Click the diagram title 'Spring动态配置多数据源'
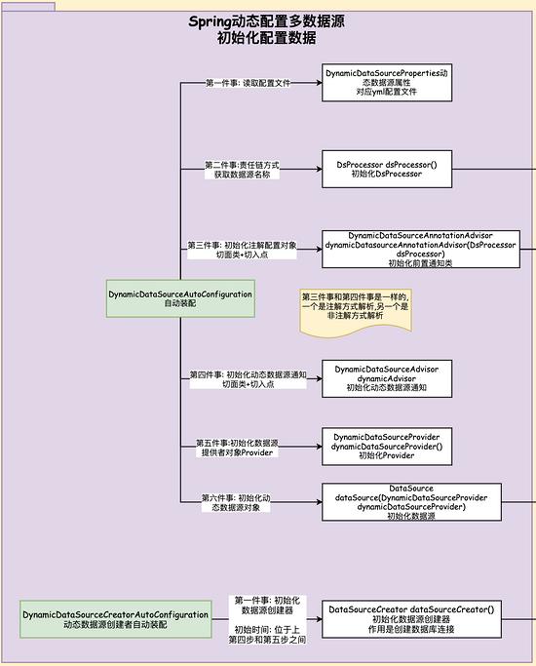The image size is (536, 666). tap(266, 21)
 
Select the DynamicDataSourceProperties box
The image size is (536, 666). tap(387, 83)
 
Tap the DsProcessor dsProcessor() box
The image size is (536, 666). tap(387, 169)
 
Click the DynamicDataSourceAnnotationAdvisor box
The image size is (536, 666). tap(421, 250)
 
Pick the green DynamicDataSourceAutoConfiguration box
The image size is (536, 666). tap(180, 298)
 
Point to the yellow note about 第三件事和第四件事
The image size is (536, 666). tap(356, 312)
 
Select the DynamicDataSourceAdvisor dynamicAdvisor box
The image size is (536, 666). tap(387, 378)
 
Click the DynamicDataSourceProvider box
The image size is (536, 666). tap(387, 447)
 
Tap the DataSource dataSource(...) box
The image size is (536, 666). tap(411, 502)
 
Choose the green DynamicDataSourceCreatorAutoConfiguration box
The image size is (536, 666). tap(116, 619)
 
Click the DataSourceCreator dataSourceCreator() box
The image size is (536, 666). tap(411, 619)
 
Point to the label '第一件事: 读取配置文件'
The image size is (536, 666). tap(248, 83)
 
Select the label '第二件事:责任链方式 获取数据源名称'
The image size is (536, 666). tap(242, 170)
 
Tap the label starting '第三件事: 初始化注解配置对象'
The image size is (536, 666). tap(242, 250)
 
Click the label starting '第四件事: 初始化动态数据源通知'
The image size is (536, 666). tap(248, 379)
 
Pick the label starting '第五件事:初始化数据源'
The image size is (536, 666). tap(237, 448)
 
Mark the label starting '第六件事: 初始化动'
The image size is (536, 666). tap(236, 502)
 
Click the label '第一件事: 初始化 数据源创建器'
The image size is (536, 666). tap(267, 606)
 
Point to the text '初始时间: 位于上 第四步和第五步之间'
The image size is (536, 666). tap(267, 635)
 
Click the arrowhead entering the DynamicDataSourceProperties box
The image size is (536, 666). tap(319, 83)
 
